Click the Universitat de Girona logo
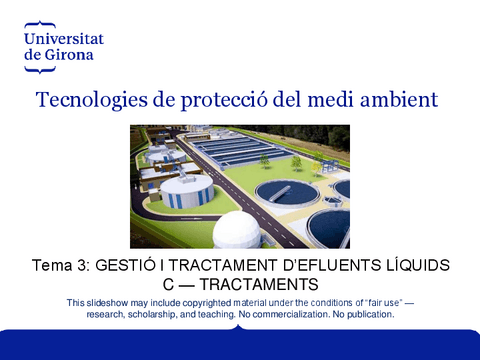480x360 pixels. coord(62,43)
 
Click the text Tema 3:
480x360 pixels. coord(60,265)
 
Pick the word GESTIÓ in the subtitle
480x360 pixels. coord(127,265)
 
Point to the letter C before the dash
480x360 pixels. coord(168,284)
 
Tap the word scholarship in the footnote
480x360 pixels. coord(154,314)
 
